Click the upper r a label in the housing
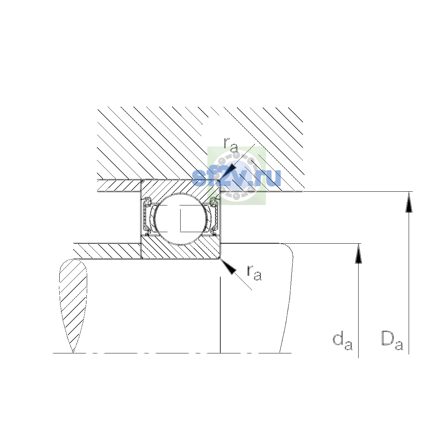click(x=231, y=145)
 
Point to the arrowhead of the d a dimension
click(x=358, y=254)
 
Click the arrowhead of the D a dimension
click(x=409, y=202)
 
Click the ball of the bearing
click(x=181, y=219)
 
